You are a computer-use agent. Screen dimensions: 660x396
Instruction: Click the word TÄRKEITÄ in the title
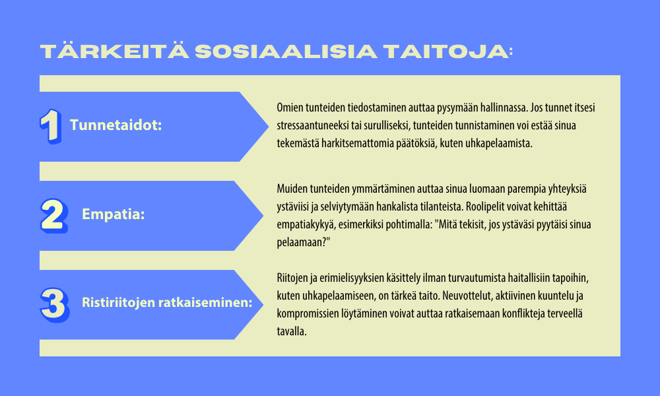[x=114, y=51]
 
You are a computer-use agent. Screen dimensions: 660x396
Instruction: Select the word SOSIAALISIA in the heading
[x=286, y=51]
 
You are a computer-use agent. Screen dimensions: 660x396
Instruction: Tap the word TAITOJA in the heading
[x=446, y=51]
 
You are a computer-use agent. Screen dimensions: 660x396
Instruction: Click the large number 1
[x=51, y=126]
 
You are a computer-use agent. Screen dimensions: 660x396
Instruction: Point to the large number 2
[x=54, y=215]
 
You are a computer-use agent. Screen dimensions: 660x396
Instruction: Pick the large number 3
[x=55, y=305]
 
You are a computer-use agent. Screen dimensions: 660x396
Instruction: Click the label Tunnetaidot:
[x=115, y=125]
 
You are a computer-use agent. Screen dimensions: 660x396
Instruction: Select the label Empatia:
[x=114, y=214]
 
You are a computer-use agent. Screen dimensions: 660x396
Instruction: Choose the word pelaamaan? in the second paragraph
[x=304, y=242]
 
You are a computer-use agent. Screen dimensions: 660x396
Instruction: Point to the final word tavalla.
[x=292, y=331]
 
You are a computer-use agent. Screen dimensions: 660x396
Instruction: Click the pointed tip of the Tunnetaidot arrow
[x=268, y=126]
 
